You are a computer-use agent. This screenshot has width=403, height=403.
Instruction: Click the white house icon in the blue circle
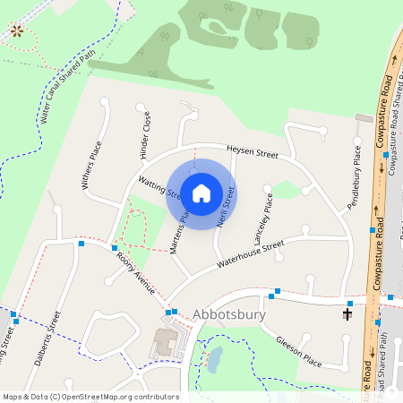pyautogui.click(x=201, y=193)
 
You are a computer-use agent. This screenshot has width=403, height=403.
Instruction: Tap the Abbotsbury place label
pyautogui.click(x=228, y=315)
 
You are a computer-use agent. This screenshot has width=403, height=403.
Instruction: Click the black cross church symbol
pyautogui.click(x=347, y=314)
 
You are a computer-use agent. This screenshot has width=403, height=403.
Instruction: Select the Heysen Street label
pyautogui.click(x=253, y=153)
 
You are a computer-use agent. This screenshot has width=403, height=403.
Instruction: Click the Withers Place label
pyautogui.click(x=91, y=167)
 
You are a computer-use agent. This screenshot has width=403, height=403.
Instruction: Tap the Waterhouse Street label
pyautogui.click(x=250, y=254)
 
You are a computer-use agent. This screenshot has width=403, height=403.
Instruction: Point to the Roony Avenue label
pyautogui.click(x=136, y=274)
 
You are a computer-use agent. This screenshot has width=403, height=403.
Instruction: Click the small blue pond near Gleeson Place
pyautogui.click(x=215, y=360)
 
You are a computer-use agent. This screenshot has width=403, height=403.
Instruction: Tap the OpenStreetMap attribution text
pyautogui.click(x=90, y=397)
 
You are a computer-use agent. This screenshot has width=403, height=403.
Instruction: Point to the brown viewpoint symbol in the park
pyautogui.click(x=16, y=31)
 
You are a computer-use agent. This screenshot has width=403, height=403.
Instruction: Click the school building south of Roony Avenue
pyautogui.click(x=166, y=341)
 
